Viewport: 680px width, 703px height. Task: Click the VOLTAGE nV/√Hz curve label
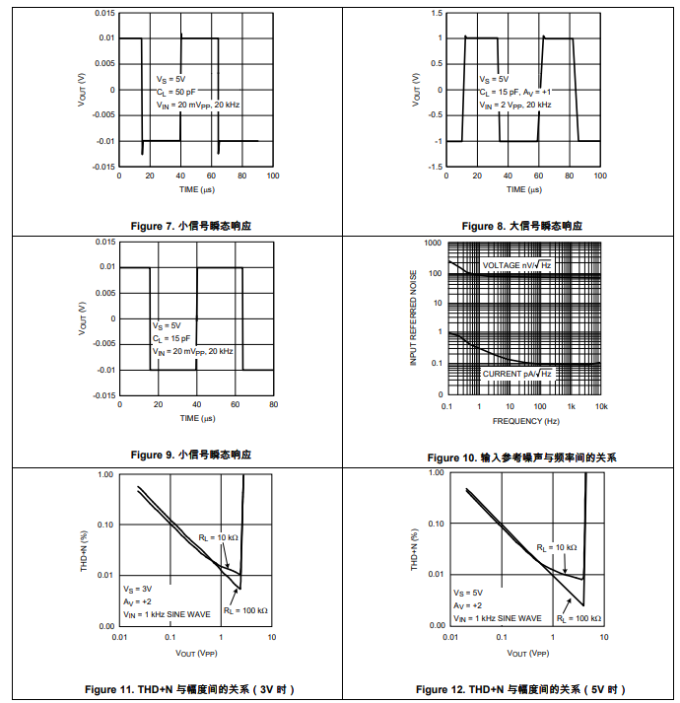click(x=516, y=266)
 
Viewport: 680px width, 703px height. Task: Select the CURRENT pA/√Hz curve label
click(x=516, y=374)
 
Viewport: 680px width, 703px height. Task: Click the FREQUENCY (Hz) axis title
click(x=525, y=421)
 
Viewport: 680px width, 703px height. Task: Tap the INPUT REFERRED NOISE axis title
click(x=414, y=318)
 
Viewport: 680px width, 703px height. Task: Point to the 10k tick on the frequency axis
click(x=601, y=407)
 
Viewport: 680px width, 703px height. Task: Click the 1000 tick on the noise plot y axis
click(x=433, y=243)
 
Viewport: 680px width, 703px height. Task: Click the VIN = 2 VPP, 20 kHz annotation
click(x=515, y=104)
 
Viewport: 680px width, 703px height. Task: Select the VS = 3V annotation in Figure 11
click(x=136, y=588)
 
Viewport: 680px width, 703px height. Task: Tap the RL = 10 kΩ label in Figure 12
click(x=555, y=547)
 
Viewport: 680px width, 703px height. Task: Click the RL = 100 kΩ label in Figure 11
click(x=245, y=610)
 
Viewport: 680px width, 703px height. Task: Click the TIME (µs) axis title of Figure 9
click(x=196, y=418)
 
